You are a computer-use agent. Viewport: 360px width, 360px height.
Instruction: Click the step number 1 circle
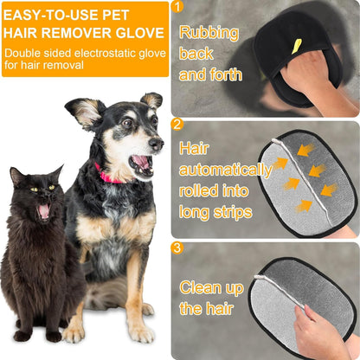coord(177,8)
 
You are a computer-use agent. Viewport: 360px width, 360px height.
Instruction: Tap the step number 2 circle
coord(177,123)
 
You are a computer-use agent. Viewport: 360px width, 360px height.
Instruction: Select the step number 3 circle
coord(177,247)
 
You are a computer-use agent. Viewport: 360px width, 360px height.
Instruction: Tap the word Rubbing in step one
coord(208,34)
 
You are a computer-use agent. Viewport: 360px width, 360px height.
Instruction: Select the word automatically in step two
coord(221,169)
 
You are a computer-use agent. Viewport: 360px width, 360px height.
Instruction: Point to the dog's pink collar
coord(110,175)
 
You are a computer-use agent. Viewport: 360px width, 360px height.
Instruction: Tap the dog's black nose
coord(157,141)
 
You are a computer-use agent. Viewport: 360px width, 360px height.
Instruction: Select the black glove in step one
coord(299,61)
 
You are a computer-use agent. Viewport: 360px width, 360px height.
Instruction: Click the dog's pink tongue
coord(139,164)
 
